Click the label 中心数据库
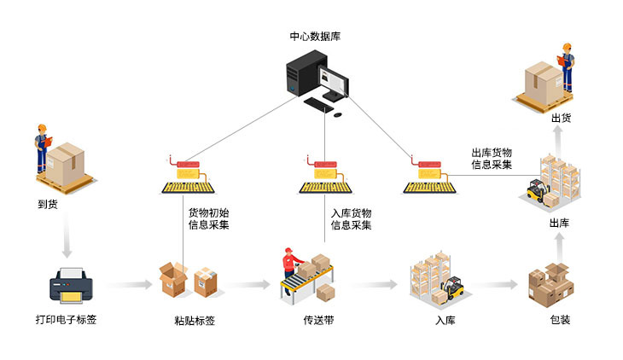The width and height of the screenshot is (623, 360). click(315, 36)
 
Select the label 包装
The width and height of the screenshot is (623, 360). click(560, 322)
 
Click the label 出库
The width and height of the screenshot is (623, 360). click(560, 224)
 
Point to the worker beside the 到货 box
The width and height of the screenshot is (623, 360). click(41, 149)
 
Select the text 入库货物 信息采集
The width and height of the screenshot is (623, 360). click(352, 219)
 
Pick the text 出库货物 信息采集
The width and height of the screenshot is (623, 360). click(492, 158)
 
